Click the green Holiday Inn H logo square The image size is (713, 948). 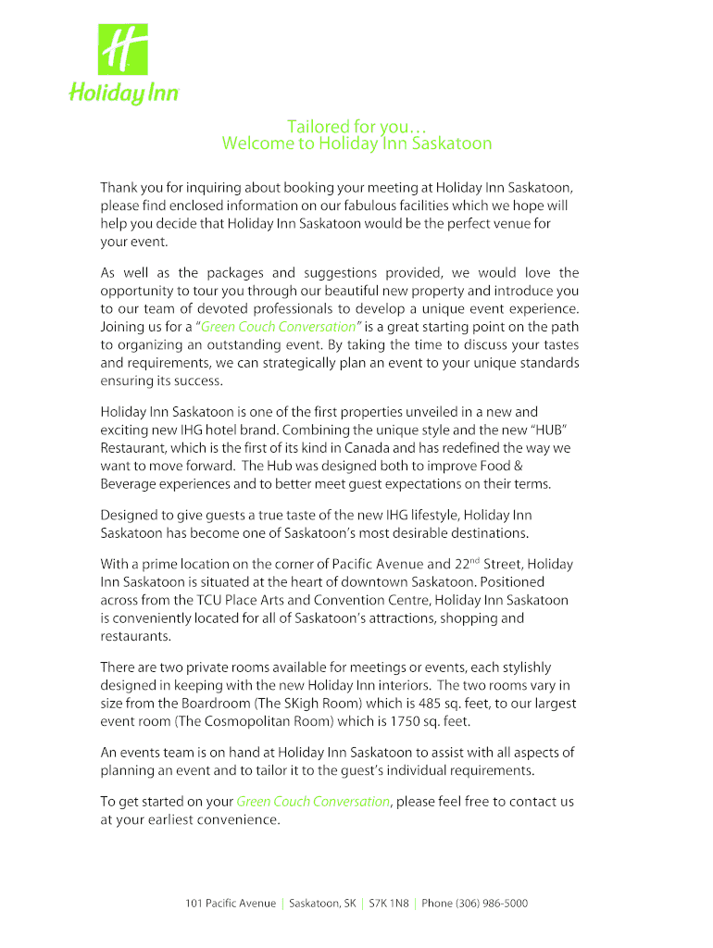point(123,50)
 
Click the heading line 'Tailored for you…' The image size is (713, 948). point(356,126)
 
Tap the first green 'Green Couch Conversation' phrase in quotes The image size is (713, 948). point(279,327)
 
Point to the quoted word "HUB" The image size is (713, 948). point(544,430)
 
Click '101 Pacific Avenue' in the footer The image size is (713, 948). point(231,904)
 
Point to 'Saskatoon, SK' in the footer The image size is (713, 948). point(322,904)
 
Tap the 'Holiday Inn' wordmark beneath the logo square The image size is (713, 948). point(124,93)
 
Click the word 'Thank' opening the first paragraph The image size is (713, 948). point(120,187)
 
